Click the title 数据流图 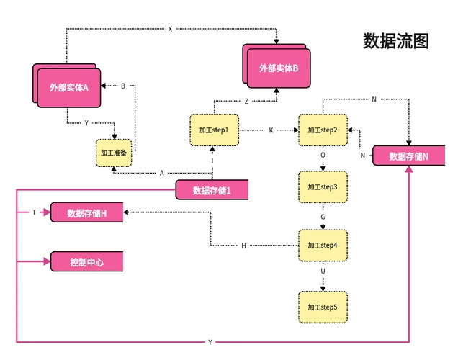coord(396,41)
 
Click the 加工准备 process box coord(114,153)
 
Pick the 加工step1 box coord(214,130)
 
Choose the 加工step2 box coord(323,130)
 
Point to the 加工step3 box coord(323,186)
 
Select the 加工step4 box coord(323,246)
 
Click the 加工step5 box coord(323,307)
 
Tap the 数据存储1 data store coord(212,190)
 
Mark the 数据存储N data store coord(408,156)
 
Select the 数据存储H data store coord(86,213)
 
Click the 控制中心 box coord(86,262)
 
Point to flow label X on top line coord(170,30)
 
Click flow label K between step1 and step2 coord(271,130)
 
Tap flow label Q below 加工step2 coord(323,155)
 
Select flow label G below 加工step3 coord(323,216)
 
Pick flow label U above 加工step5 coord(323,271)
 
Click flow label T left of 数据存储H coord(34,212)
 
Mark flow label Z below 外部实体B coord(246,102)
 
